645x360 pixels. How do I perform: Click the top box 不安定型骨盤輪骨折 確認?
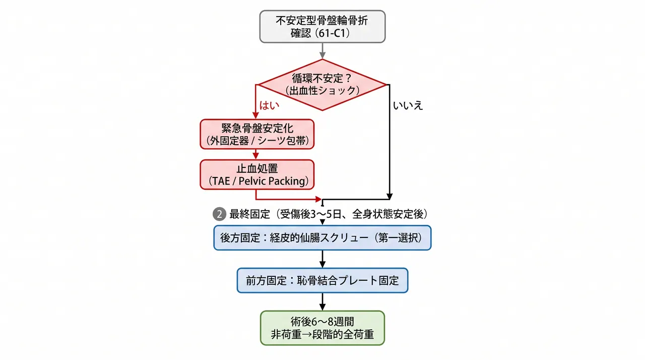(322, 27)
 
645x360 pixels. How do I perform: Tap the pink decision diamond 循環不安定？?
(322, 85)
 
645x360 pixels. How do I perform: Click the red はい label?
(269, 105)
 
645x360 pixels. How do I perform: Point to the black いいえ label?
(408, 105)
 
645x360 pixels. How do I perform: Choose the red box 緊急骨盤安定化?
(257, 134)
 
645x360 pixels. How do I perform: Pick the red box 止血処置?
(257, 174)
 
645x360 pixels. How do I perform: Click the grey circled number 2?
(219, 214)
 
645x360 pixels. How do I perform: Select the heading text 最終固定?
(249, 214)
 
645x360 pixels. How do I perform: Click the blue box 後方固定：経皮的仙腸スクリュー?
(322, 238)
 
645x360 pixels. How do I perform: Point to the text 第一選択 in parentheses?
(399, 238)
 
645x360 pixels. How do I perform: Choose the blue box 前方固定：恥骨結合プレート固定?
(322, 280)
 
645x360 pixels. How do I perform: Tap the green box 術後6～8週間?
(322, 328)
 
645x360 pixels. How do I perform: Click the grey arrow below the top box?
(322, 51)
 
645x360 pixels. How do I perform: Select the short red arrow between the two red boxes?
(255, 154)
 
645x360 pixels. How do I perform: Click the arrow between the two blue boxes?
(322, 259)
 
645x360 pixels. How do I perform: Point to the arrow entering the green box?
(322, 302)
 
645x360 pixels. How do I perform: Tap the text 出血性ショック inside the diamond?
(322, 91)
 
